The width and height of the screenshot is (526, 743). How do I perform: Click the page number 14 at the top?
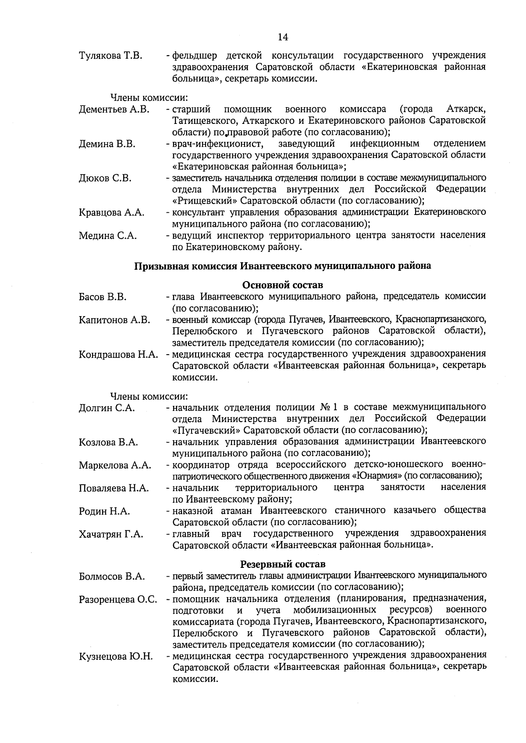[x=283, y=37]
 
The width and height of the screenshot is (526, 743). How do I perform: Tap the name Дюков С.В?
[x=105, y=178]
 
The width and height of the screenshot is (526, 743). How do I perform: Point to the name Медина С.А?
[x=107, y=236]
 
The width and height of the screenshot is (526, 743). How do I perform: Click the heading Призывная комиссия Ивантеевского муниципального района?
[x=282, y=266]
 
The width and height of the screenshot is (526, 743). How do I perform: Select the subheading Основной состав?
[x=283, y=285]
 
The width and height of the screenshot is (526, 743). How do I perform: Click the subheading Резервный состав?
[x=283, y=564]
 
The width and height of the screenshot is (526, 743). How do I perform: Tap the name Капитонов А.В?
[x=114, y=320]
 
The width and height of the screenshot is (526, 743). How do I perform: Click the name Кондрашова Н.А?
[x=118, y=355]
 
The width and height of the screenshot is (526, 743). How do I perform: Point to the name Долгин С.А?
[x=107, y=408]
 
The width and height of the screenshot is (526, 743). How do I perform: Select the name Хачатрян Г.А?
[x=111, y=534]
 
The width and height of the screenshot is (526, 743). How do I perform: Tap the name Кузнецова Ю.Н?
[x=116, y=656]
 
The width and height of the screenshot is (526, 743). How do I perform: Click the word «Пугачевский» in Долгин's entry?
[x=206, y=430]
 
